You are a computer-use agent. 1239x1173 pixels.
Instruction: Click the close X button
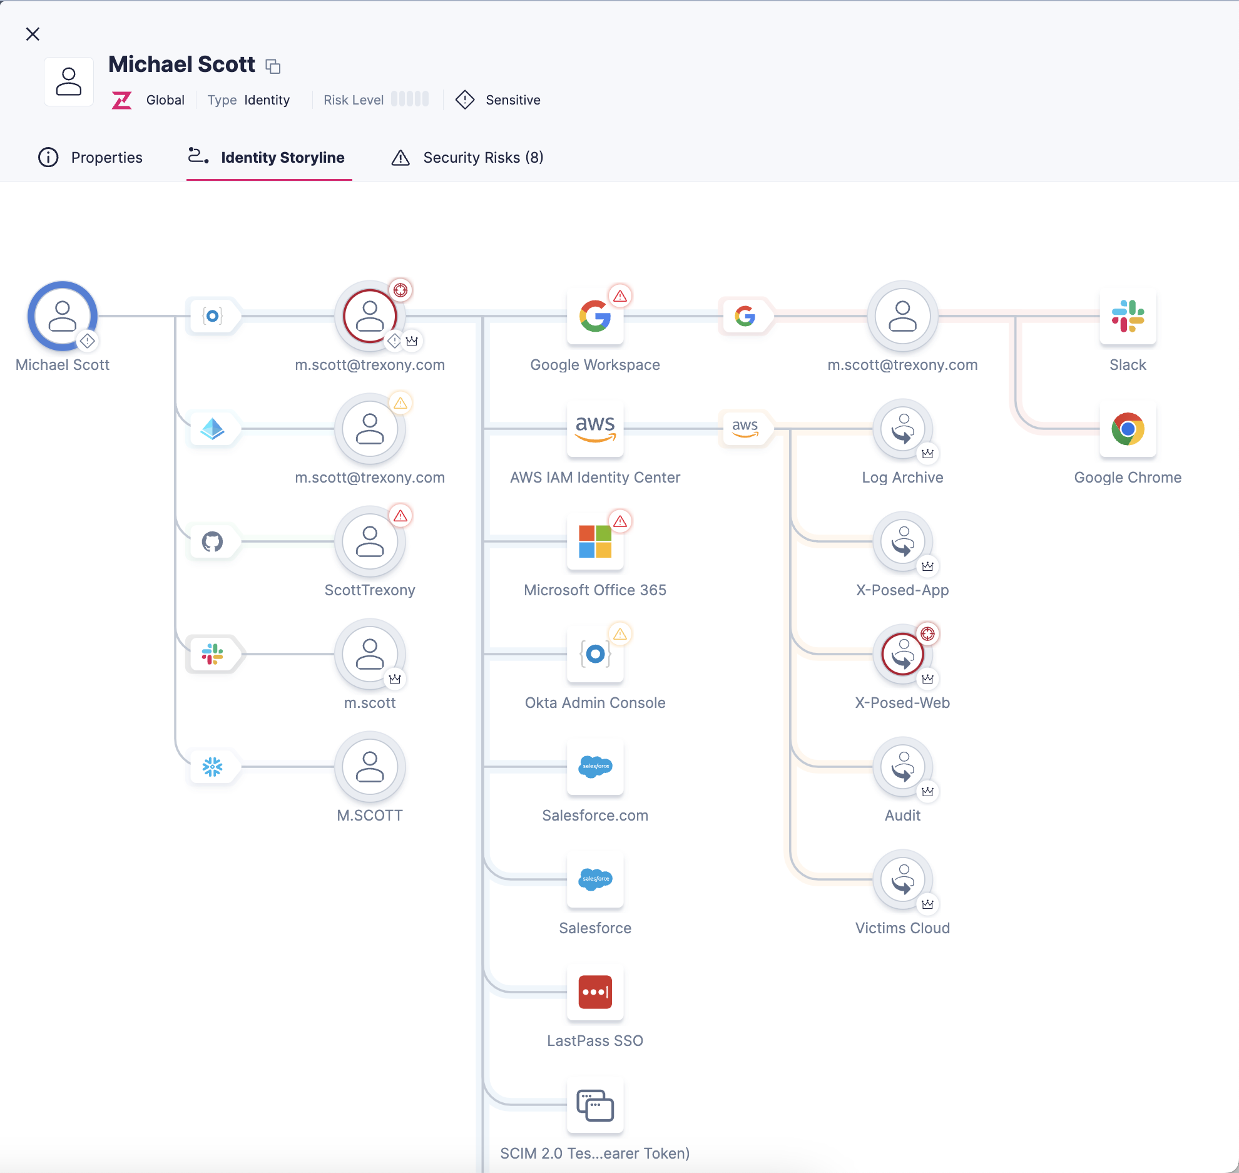[x=33, y=34]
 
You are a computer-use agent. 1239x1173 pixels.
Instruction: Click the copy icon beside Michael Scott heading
[x=273, y=66]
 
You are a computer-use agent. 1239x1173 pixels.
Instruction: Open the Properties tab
[x=91, y=157]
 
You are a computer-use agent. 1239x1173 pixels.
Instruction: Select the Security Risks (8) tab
[x=467, y=157]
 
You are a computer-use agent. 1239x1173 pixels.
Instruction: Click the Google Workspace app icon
[x=594, y=316]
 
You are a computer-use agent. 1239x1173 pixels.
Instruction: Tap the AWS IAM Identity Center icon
[x=594, y=429]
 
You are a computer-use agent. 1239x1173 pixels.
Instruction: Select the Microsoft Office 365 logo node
[x=594, y=541]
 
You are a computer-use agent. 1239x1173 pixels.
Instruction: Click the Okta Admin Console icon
[x=594, y=654]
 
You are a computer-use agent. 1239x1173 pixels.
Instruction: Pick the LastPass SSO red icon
[x=594, y=992]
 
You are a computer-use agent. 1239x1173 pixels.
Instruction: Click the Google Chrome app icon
[x=1128, y=429]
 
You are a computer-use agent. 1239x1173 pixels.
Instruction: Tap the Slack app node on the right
[x=1128, y=316]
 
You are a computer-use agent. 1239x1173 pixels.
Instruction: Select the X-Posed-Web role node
[x=902, y=654]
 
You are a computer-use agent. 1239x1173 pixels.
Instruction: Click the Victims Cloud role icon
[x=902, y=879]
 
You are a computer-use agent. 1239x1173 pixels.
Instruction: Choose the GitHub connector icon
[x=212, y=541]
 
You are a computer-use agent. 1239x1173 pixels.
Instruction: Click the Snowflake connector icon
[x=212, y=767]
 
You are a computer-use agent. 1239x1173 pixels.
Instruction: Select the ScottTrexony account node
[x=370, y=541]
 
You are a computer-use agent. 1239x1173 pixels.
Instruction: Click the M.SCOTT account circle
[x=370, y=767]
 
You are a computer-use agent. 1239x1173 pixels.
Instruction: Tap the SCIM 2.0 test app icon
[x=594, y=1105]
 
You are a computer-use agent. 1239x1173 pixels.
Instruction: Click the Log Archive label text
[x=902, y=478]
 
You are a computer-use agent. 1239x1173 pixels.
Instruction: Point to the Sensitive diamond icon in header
[x=465, y=100]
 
